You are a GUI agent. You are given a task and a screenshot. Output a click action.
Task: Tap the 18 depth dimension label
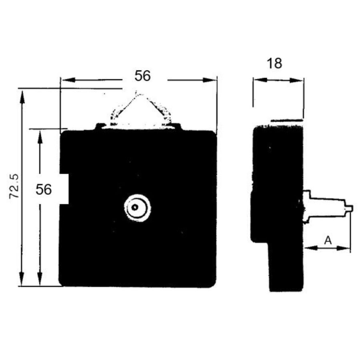(x=274, y=63)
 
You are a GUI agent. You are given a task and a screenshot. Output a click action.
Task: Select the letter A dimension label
(x=328, y=240)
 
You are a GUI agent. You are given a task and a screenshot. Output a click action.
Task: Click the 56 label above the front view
(x=142, y=76)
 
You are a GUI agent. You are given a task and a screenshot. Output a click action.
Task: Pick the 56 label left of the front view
(x=44, y=190)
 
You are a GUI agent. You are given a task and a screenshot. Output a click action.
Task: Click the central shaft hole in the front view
(x=135, y=208)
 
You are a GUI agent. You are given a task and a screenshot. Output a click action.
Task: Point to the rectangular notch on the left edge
(x=64, y=189)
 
